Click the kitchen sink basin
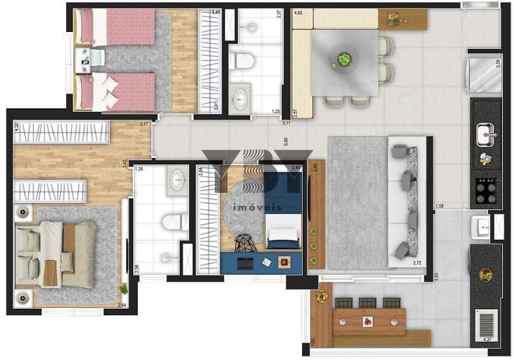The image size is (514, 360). pos(485,135)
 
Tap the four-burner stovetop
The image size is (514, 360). pos(485,190)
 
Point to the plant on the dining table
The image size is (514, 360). pos(344,60)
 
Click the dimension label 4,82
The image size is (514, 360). pos(299,12)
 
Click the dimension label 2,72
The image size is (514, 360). pos(418,263)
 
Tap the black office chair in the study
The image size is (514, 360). pos(244,242)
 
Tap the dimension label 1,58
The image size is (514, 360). pos(440,207)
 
